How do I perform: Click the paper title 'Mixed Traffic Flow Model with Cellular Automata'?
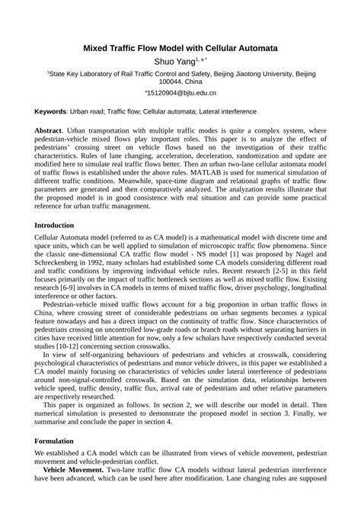[180, 48]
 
